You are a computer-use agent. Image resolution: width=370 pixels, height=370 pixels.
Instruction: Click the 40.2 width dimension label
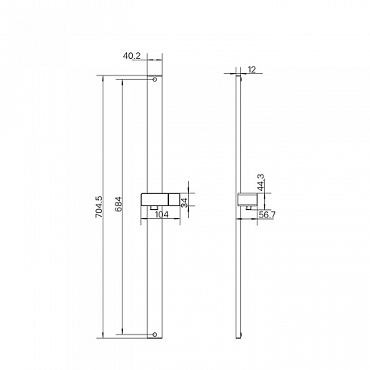131,56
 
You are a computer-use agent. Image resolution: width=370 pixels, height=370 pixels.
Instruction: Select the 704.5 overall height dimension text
99,207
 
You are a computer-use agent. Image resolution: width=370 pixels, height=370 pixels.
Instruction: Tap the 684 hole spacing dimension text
119,204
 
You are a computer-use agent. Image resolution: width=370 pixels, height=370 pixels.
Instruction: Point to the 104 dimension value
162,214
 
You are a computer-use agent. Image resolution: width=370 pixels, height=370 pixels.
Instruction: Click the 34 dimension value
184,202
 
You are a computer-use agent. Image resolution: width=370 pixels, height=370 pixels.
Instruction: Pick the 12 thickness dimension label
251,69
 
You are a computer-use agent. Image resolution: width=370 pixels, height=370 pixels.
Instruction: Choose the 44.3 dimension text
261,183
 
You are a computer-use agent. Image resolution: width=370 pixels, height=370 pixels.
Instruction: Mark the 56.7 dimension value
267,215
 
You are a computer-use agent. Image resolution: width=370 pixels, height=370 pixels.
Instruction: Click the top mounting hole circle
155,79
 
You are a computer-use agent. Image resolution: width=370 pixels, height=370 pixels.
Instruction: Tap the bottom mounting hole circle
155,335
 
